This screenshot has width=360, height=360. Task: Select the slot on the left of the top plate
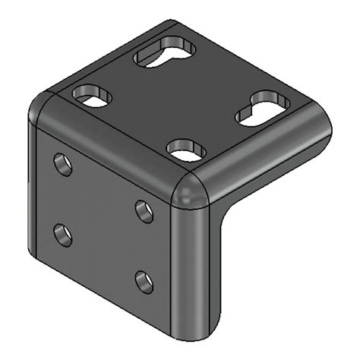tap(92, 96)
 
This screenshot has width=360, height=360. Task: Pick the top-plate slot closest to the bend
tap(186, 149)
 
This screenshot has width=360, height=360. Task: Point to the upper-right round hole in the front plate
tap(144, 210)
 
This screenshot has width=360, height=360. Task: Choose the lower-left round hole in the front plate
tap(64, 234)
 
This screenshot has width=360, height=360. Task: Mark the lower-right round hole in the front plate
tap(144, 283)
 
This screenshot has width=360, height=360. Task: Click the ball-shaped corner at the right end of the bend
tap(191, 189)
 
